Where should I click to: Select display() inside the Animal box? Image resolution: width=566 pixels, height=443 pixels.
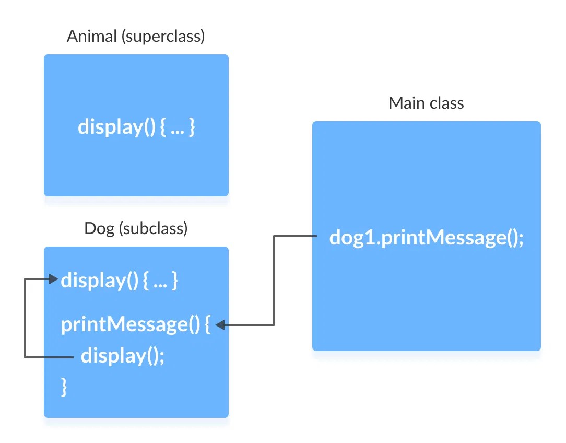tap(116, 127)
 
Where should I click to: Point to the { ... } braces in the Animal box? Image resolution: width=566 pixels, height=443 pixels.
tap(178, 127)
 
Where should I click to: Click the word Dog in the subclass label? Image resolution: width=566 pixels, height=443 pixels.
tap(99, 228)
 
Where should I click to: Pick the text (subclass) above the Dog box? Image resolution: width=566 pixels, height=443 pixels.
tap(153, 228)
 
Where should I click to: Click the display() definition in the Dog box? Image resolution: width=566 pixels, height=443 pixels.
tap(99, 281)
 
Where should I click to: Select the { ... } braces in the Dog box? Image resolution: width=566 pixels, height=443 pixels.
tap(160, 281)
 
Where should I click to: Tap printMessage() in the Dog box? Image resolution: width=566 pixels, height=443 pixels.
tap(131, 325)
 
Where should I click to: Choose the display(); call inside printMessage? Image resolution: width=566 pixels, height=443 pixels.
tap(123, 356)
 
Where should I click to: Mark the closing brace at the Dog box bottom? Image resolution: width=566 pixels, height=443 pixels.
tap(65, 387)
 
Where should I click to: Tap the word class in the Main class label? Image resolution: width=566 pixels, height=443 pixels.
tap(446, 103)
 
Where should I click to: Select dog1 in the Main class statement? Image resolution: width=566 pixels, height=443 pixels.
tap(350, 238)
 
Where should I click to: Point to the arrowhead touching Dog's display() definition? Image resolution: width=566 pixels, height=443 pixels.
tap(53, 279)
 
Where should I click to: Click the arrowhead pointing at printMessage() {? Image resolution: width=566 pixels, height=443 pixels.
tap(220, 325)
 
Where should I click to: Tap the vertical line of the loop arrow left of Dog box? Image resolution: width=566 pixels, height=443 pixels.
tap(25, 318)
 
